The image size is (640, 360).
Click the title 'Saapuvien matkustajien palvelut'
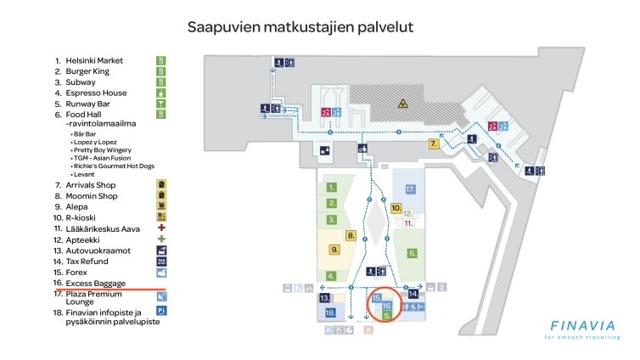tap(300, 27)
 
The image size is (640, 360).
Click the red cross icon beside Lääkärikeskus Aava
tap(160, 228)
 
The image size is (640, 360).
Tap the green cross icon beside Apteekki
tap(160, 239)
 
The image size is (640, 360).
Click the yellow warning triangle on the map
tap(403, 104)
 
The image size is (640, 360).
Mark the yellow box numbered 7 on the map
tap(433, 144)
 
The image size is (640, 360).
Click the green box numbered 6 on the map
tap(413, 253)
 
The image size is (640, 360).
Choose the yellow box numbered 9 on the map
tap(335, 250)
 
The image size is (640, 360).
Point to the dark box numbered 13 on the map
tap(324, 299)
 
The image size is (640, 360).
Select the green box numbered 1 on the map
tap(333, 187)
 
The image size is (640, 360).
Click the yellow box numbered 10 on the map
tap(396, 208)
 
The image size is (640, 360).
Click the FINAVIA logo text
tap(586, 326)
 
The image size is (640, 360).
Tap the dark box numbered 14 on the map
tap(413, 293)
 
